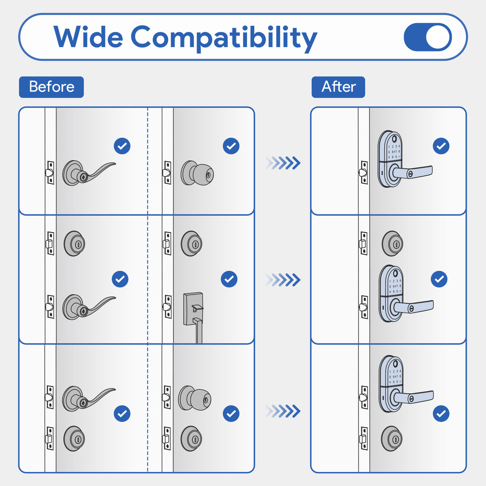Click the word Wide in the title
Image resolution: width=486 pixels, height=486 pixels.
(88, 37)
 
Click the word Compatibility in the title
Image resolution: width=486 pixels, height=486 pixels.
(224, 38)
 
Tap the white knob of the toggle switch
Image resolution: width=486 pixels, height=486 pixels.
(438, 37)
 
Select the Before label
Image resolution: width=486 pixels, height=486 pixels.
(51, 87)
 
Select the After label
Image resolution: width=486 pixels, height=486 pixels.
(338, 87)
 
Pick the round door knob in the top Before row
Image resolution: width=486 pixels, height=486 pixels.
(197, 173)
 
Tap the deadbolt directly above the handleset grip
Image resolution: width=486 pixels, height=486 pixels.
(191, 243)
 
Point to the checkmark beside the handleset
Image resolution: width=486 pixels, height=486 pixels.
(229, 279)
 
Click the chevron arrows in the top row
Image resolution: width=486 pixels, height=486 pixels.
(283, 163)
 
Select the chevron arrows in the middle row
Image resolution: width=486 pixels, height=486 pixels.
(283, 279)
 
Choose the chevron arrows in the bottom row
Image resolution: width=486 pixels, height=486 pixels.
(283, 411)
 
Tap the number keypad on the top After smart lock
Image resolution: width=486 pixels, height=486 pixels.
(394, 152)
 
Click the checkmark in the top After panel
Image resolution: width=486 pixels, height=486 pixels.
(441, 146)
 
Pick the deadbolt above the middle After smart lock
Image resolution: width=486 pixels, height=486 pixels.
(393, 243)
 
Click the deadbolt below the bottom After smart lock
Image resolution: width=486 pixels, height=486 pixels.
(392, 438)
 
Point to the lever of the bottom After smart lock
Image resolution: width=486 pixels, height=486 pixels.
(413, 397)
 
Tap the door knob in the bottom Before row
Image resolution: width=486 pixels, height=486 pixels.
(195, 398)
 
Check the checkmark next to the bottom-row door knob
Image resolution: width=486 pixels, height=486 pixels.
(231, 413)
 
